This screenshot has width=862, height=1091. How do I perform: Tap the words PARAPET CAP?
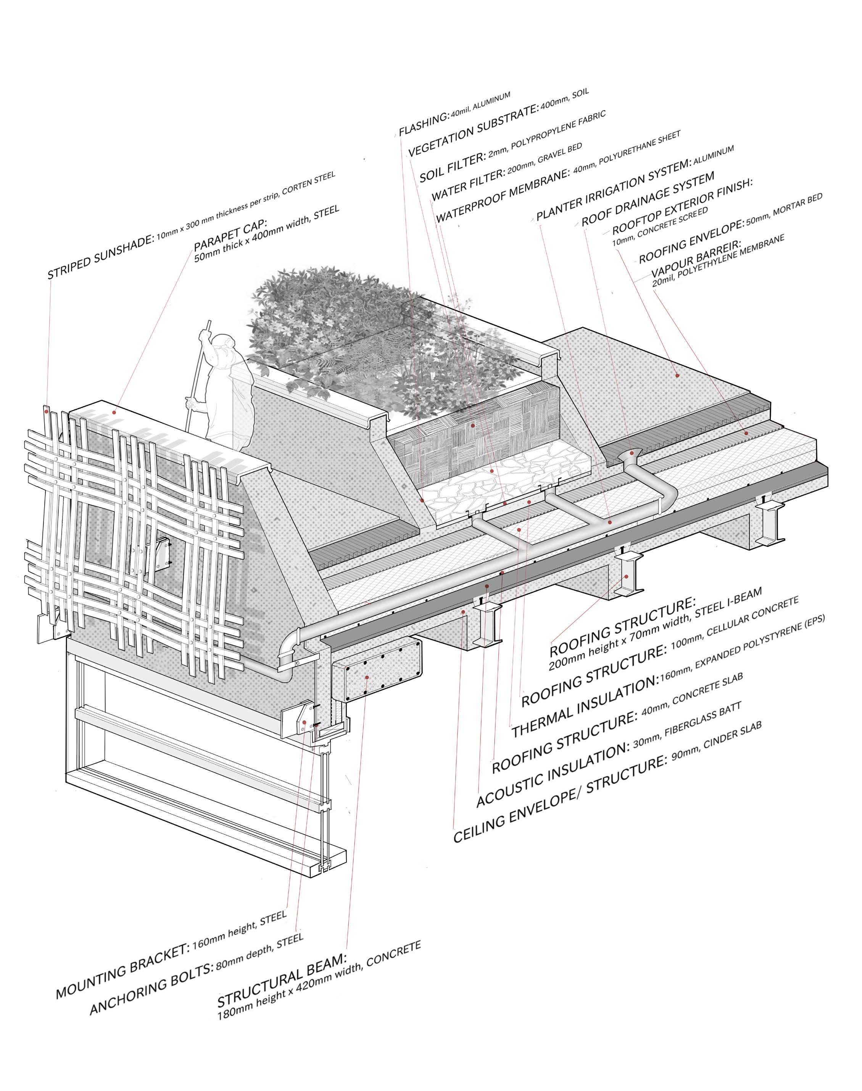pos(230,235)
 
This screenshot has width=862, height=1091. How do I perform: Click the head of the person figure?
pos(225,344)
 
